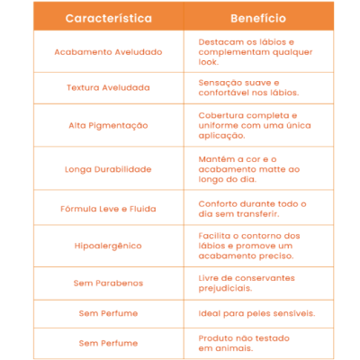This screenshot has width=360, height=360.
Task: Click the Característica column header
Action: pyautogui.click(x=108, y=18)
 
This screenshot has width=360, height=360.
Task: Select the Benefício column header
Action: pyautogui.click(x=258, y=18)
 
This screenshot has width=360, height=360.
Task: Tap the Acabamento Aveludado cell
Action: pyautogui.click(x=108, y=52)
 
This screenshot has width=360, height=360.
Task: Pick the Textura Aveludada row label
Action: pyautogui.click(x=108, y=87)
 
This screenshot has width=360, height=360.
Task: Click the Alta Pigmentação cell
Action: pyautogui.click(x=108, y=125)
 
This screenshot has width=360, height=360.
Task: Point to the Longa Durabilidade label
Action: pyautogui.click(x=108, y=168)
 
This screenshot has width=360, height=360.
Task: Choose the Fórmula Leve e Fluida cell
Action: pyautogui.click(x=108, y=208)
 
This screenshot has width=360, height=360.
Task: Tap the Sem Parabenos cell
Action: pyautogui.click(x=108, y=283)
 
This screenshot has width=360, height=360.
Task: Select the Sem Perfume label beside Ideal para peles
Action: pyautogui.click(x=108, y=313)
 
